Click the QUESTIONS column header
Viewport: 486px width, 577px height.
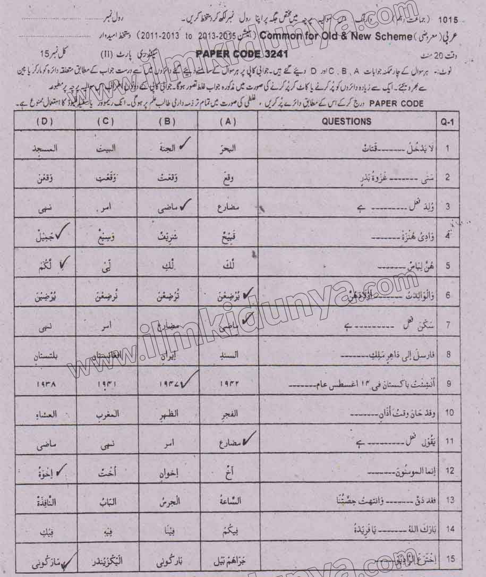tap(346, 122)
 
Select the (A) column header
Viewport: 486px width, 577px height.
tap(227, 122)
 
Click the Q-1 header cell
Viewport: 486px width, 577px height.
tap(448, 122)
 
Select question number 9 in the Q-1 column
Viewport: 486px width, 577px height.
tap(449, 381)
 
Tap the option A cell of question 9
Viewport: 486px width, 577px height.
tap(228, 383)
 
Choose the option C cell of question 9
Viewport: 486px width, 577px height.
tap(106, 383)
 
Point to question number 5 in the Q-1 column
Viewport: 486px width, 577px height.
tap(449, 264)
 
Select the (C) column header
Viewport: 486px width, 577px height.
tap(106, 122)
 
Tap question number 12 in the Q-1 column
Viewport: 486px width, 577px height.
tap(449, 470)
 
